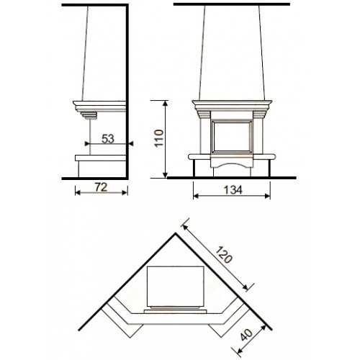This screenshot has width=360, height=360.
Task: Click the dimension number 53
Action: [108, 139]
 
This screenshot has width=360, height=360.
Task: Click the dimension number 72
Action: [101, 187]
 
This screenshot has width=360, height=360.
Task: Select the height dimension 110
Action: [159, 138]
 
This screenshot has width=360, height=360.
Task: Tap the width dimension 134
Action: [233, 190]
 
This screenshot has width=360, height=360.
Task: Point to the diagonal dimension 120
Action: [224, 254]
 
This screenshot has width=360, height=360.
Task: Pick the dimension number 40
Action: [247, 335]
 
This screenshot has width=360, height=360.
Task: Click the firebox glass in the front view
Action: [232, 136]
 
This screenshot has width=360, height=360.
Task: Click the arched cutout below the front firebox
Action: [232, 166]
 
